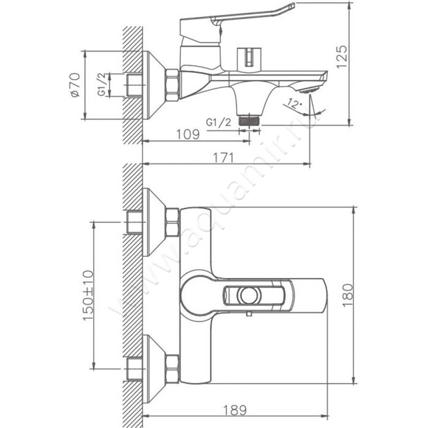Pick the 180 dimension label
[347, 294]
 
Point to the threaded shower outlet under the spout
[249, 120]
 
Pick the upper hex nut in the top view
[172, 222]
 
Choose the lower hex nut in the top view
[172, 369]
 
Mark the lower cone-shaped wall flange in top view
[152, 369]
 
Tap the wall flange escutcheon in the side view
[152, 85]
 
